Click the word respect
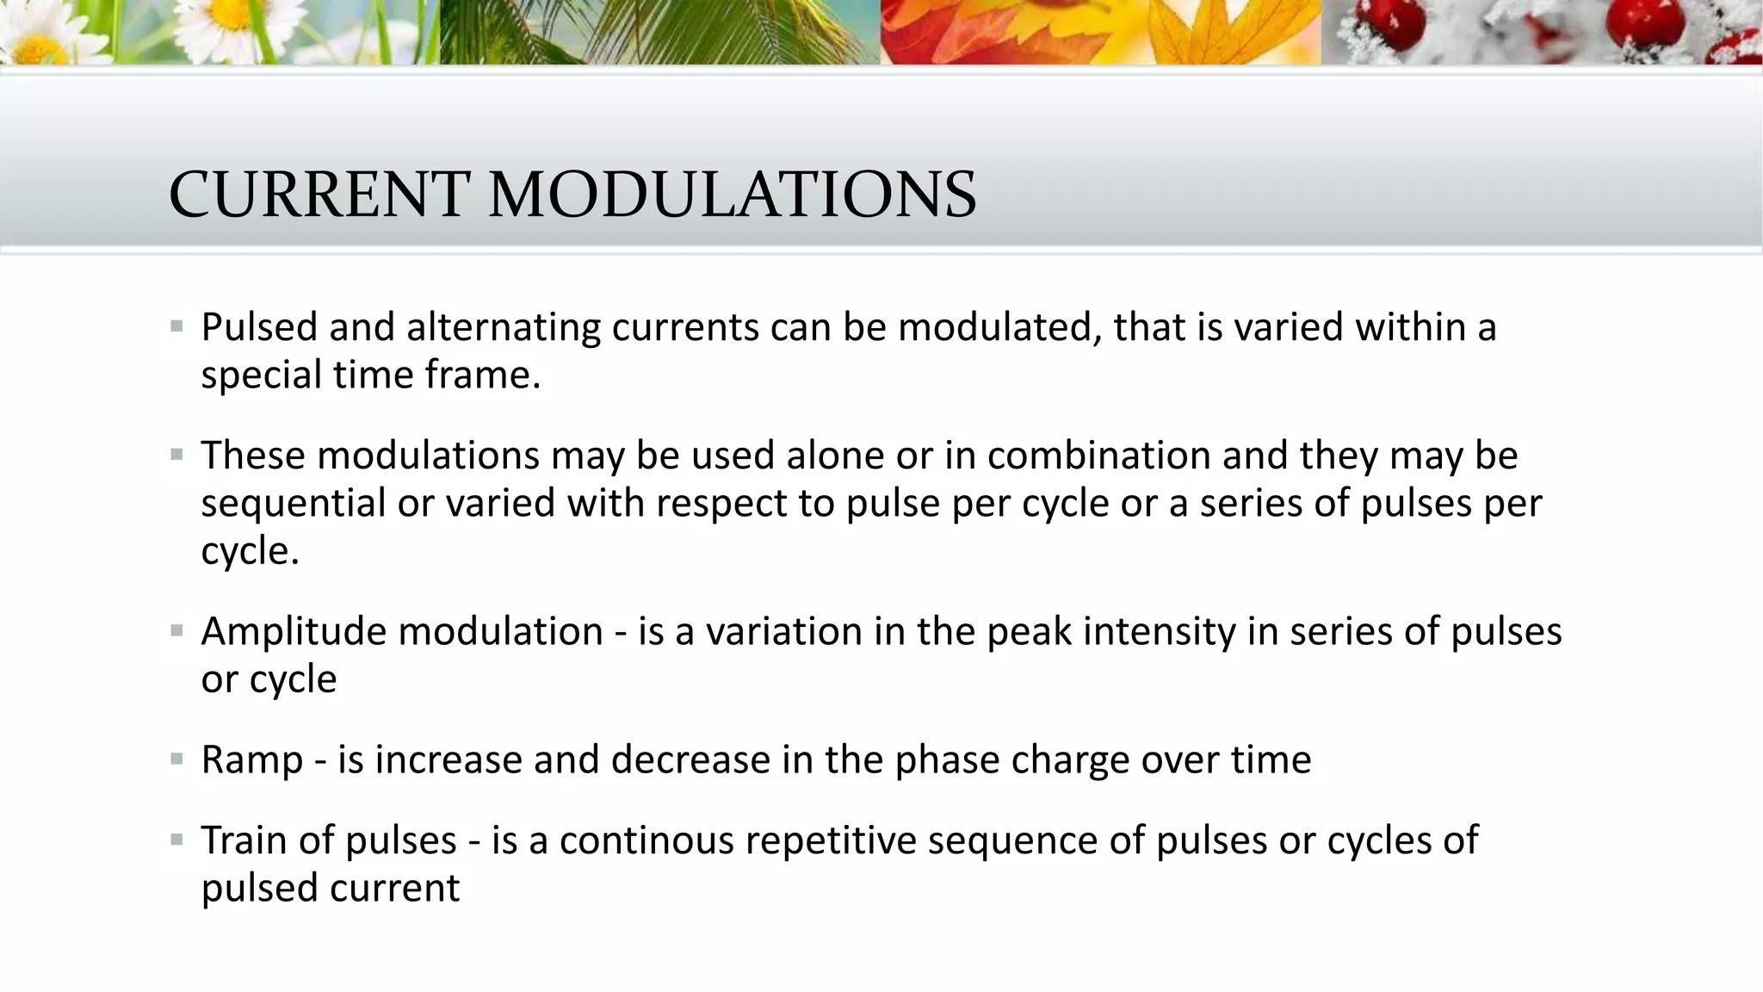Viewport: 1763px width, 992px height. tap(721, 504)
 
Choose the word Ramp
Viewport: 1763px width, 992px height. tap(252, 760)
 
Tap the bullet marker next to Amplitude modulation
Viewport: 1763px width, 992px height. tap(177, 632)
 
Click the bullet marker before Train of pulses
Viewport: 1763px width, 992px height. tap(177, 840)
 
